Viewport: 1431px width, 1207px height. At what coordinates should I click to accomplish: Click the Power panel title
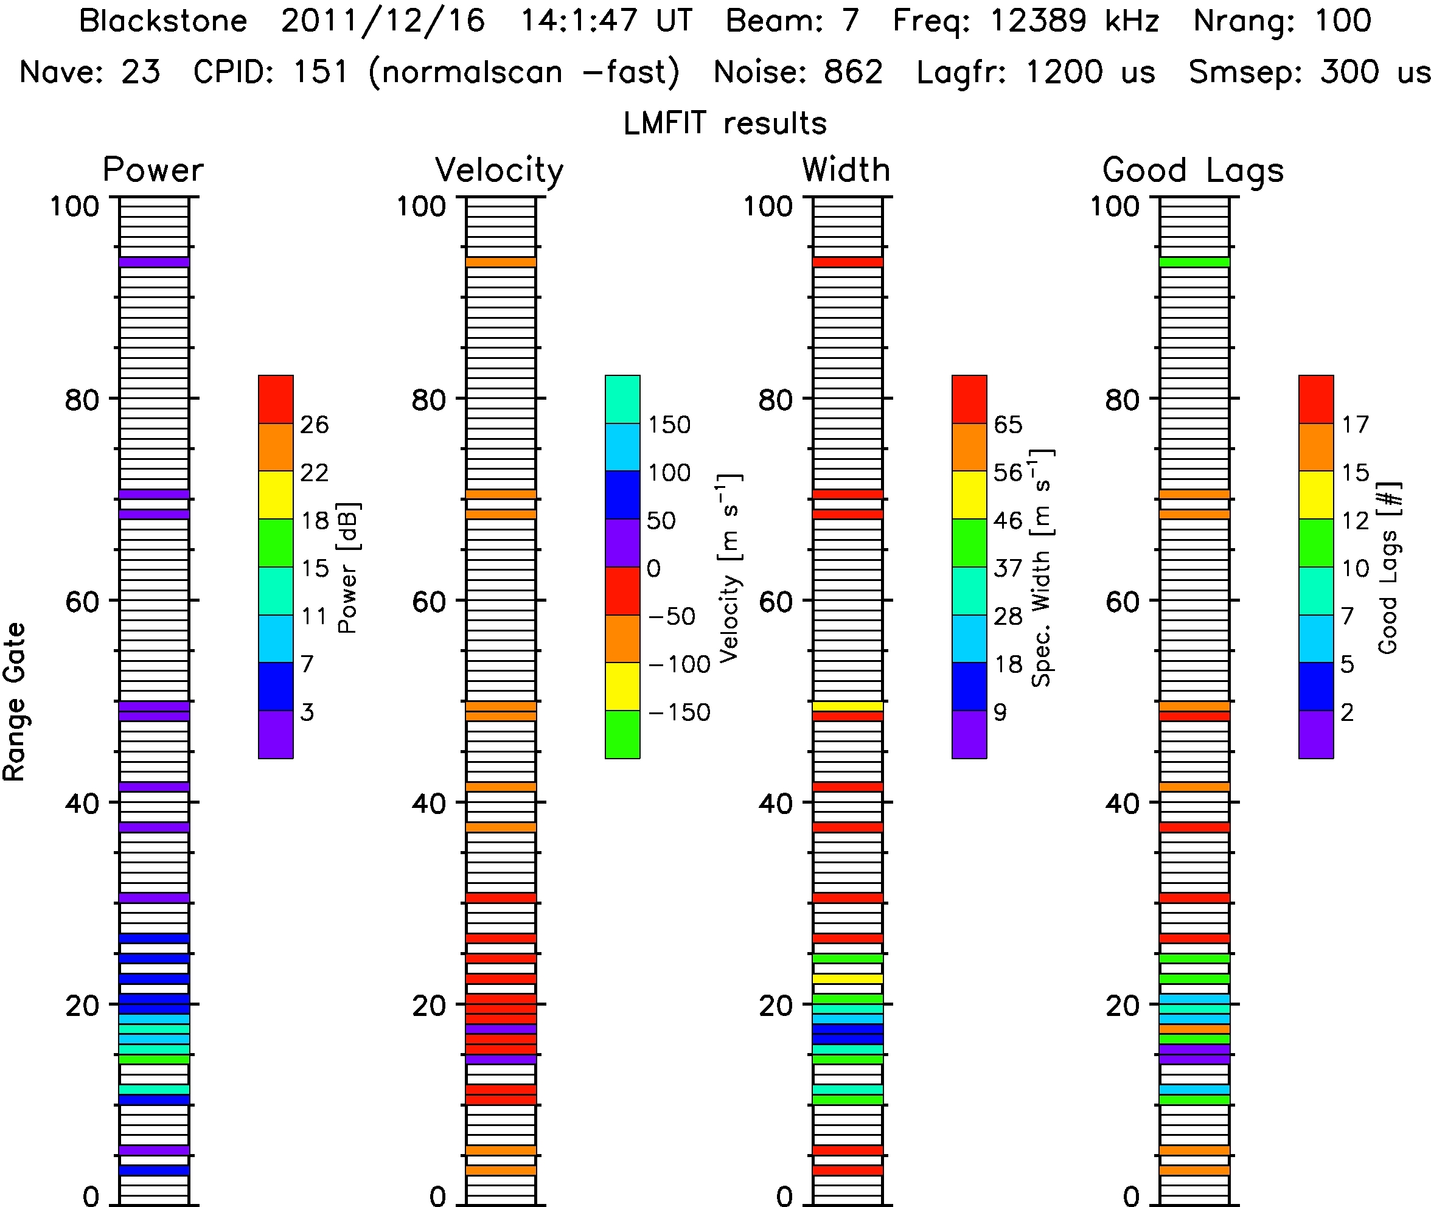tap(153, 170)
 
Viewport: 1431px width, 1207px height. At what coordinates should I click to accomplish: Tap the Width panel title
tap(846, 170)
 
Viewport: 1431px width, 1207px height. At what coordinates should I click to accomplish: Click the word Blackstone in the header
tap(163, 21)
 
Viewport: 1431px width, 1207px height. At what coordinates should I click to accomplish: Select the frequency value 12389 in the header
tap(1038, 21)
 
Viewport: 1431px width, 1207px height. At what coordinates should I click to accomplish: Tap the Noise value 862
tap(854, 72)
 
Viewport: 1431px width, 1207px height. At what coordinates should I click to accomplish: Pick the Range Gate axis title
tap(15, 702)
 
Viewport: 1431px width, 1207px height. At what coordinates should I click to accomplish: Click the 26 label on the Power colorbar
tap(315, 425)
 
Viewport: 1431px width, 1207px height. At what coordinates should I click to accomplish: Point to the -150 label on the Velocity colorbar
tap(679, 713)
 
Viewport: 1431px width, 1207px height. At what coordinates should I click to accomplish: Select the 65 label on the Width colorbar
tap(1008, 425)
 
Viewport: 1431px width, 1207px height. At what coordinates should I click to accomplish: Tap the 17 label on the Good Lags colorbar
tap(1355, 425)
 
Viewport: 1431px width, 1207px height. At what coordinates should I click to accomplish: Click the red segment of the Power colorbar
tap(276, 400)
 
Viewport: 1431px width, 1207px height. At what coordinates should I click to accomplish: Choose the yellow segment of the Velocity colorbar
tap(623, 686)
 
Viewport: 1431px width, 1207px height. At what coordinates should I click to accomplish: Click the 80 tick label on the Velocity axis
tap(428, 400)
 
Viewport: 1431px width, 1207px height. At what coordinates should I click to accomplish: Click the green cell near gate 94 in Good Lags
tap(1195, 262)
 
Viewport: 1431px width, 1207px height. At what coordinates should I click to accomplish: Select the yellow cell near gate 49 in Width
tap(848, 706)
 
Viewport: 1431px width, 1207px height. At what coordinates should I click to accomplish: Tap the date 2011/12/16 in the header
tap(383, 21)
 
